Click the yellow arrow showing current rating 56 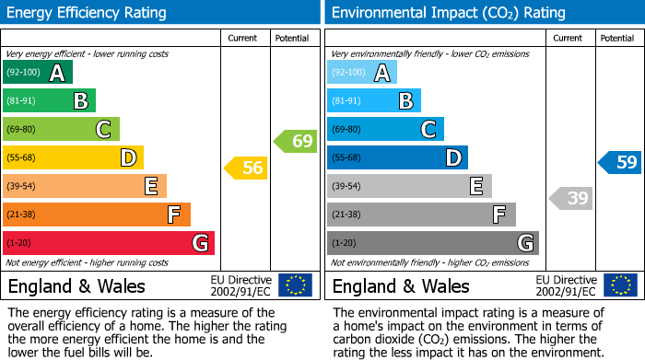point(246,168)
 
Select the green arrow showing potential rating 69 point(295,141)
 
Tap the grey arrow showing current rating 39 point(571,197)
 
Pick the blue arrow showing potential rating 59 point(620,162)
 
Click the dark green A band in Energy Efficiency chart point(37,73)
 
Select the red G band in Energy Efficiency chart point(108,243)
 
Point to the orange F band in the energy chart point(96,215)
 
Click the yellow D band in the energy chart point(73,157)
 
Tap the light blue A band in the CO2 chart point(361,73)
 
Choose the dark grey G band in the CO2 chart point(432,243)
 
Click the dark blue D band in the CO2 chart point(397,157)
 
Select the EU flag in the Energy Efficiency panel point(295,285)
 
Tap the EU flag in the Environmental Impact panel point(619,285)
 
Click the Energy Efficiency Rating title point(87,13)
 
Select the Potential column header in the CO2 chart point(617,38)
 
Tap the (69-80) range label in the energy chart point(23,130)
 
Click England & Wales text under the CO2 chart point(401,285)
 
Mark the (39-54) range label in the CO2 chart point(347,187)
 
